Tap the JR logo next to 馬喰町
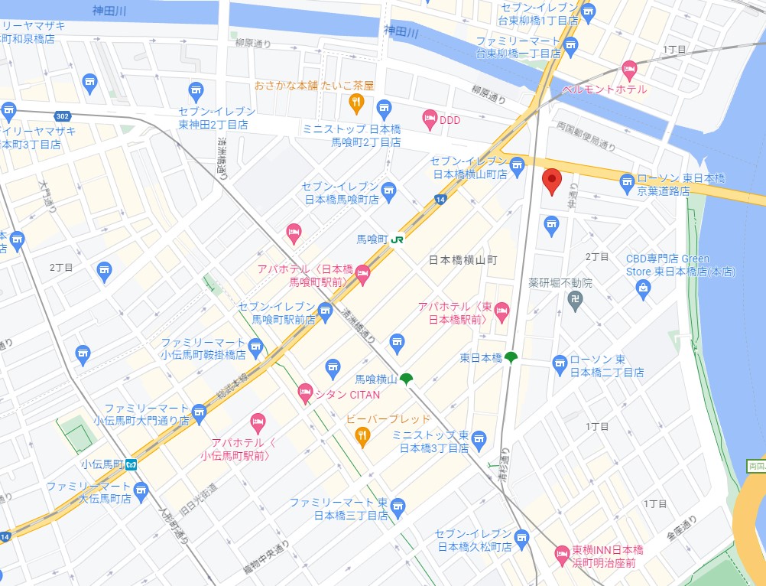click(397, 239)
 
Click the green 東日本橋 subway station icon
click(511, 358)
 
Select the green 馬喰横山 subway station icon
click(406, 379)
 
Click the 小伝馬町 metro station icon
click(131, 464)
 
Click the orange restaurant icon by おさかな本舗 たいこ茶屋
click(355, 102)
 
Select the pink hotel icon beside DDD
click(430, 119)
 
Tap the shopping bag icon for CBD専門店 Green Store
click(643, 287)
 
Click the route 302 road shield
click(63, 116)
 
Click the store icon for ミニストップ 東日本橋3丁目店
click(479, 439)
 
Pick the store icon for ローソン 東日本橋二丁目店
click(560, 362)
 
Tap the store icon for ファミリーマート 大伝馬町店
click(141, 489)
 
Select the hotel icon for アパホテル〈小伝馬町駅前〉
click(258, 422)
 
